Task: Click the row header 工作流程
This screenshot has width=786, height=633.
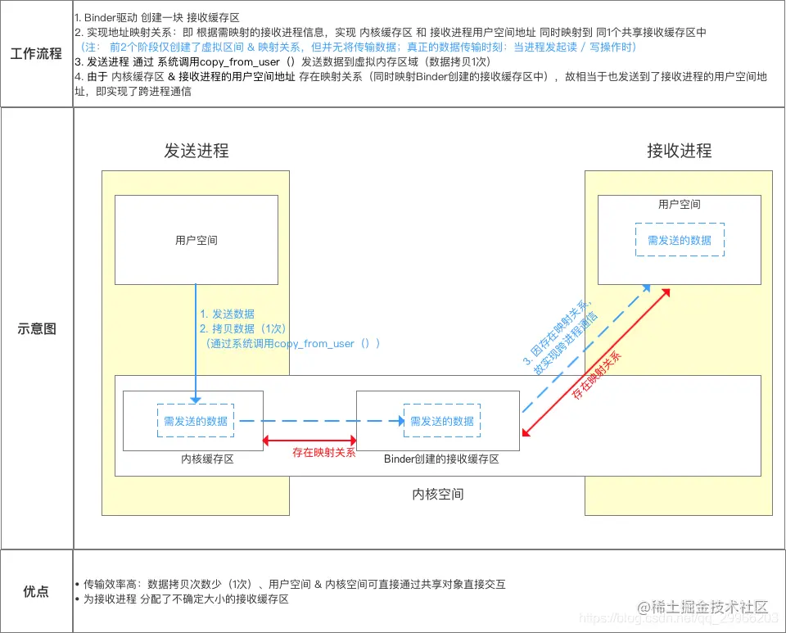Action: tap(36, 54)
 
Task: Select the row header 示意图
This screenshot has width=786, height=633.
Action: tap(36, 328)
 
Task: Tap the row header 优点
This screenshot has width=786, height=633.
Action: tap(36, 591)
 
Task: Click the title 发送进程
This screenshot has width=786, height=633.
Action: tap(196, 151)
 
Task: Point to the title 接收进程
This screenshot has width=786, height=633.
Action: tap(679, 151)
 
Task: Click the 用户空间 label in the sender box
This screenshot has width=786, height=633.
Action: tap(196, 240)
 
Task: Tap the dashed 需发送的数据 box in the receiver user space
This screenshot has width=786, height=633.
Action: tap(680, 240)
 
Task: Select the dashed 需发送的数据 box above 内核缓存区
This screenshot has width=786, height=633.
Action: tap(196, 421)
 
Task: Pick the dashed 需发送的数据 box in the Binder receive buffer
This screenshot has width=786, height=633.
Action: tap(441, 421)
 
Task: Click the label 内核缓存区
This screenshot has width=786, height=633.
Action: tap(207, 459)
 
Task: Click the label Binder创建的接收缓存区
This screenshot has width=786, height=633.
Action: tap(441, 459)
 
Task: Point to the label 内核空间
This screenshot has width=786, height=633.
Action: tap(438, 495)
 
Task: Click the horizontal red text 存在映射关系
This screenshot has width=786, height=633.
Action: tap(324, 451)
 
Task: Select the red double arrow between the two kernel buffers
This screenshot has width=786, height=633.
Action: tap(309, 440)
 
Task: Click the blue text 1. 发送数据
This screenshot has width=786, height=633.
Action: tap(227, 314)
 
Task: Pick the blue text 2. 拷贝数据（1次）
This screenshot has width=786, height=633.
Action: tap(242, 328)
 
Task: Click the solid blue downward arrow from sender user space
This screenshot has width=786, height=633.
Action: tap(196, 344)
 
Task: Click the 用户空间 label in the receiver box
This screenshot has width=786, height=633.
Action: tap(680, 204)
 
